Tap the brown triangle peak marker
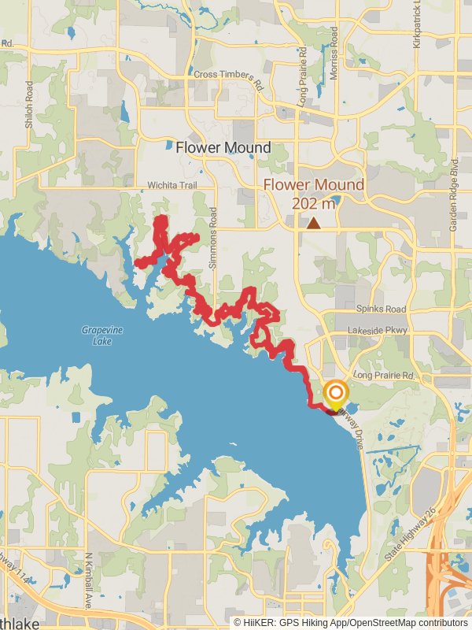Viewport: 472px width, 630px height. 314,224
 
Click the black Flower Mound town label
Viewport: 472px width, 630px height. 223,147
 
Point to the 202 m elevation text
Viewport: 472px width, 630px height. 315,204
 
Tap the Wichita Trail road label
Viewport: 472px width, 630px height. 171,186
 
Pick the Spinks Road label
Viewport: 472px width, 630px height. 381,309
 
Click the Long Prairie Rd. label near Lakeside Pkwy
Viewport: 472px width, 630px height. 384,376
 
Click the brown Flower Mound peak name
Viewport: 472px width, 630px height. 314,185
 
